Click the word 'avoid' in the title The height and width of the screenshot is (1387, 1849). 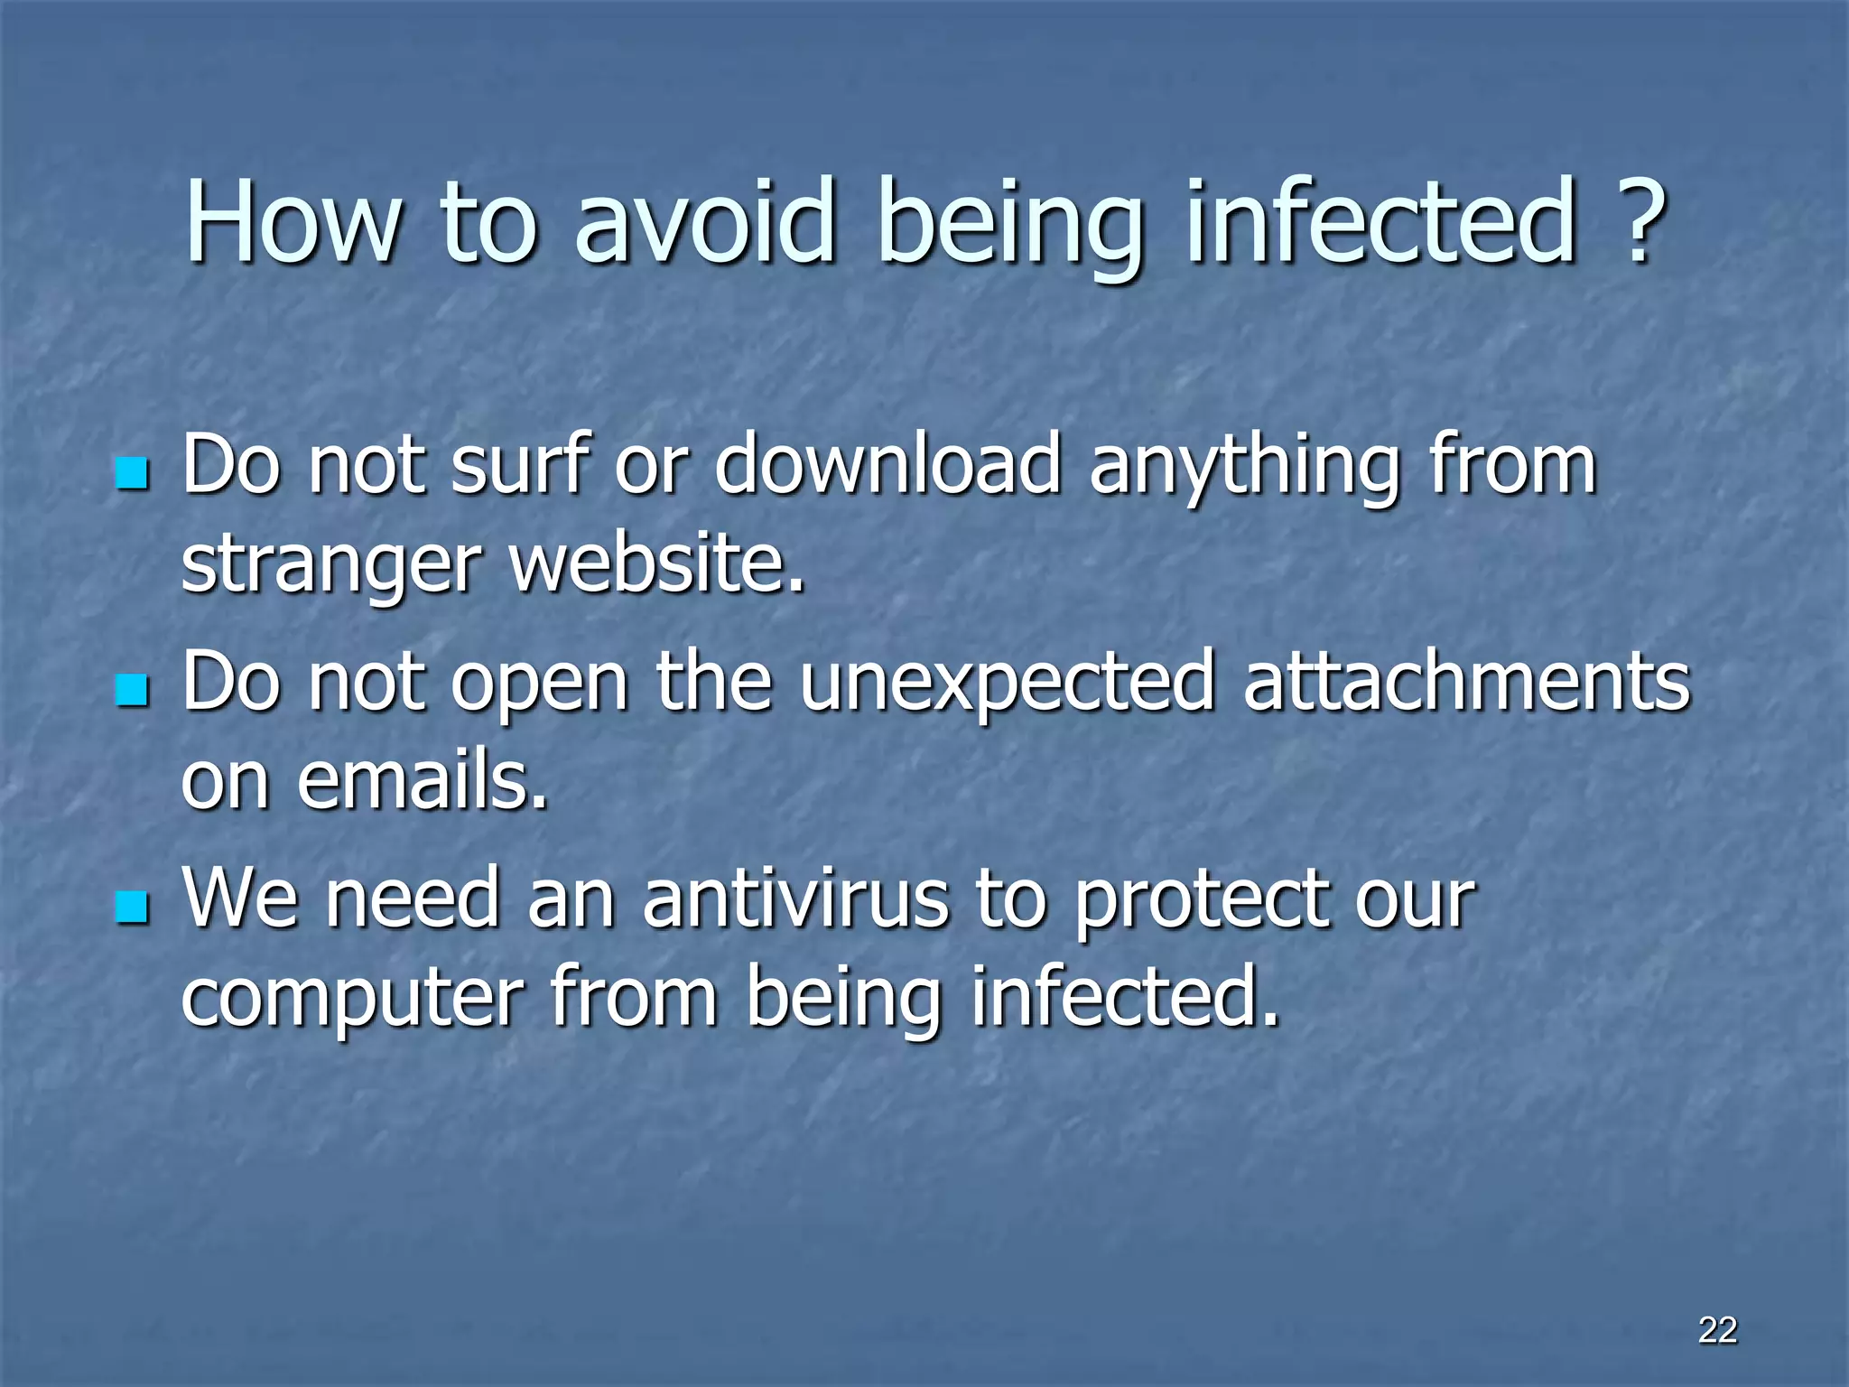click(703, 221)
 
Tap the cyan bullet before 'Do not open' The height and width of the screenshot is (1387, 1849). click(132, 691)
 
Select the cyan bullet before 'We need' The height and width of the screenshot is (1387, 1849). click(132, 908)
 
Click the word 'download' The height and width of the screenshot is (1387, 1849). click(887, 465)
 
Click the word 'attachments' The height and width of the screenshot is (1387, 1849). click(1466, 682)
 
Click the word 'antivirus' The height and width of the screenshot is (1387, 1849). click(795, 898)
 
